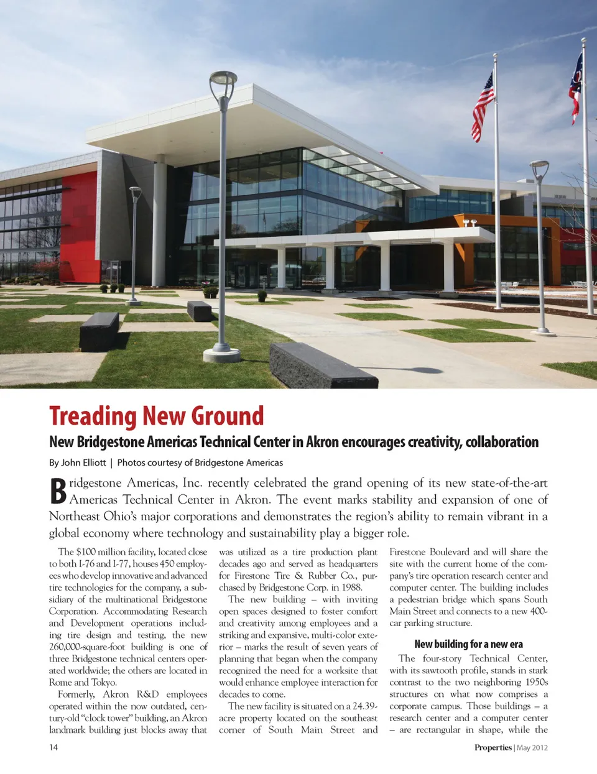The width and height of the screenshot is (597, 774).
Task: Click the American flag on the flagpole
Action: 483,106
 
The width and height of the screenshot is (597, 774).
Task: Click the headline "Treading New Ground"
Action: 156,416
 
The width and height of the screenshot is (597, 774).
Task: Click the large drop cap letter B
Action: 58,491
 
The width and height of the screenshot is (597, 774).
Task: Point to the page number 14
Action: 53,747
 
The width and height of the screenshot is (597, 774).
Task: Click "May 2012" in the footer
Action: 532,747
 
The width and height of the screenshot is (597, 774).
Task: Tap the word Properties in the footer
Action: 493,747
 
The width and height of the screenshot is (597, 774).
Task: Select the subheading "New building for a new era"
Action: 468,644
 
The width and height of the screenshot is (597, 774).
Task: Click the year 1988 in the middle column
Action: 351,587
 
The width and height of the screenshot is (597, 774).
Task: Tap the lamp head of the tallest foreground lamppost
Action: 223,80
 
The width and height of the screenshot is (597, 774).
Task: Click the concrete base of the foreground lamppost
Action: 221,355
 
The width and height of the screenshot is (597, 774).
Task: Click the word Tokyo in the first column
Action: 103,683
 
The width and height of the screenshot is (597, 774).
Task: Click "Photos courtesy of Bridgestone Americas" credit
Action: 200,463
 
